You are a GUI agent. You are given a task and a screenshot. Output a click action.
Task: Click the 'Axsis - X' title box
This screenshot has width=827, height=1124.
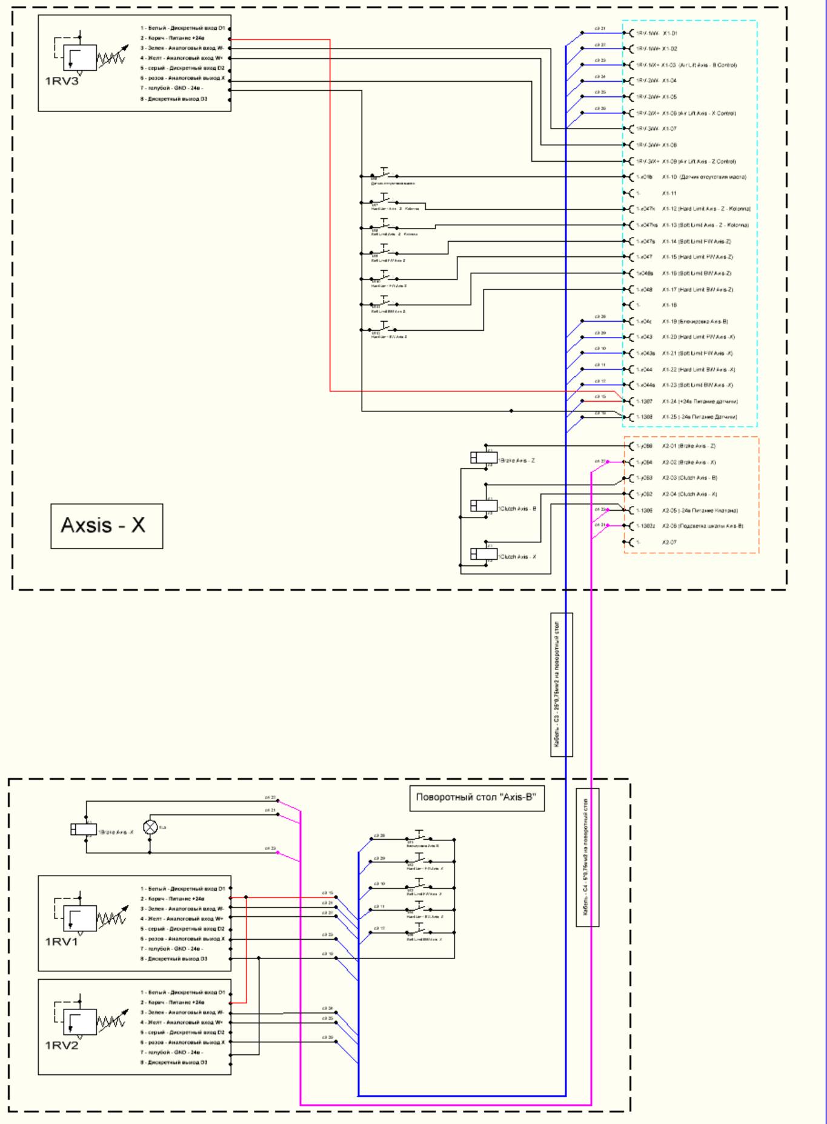107,525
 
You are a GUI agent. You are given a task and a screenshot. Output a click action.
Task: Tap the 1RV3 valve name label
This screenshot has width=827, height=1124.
61,81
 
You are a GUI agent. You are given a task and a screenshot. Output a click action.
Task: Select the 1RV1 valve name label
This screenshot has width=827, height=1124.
61,941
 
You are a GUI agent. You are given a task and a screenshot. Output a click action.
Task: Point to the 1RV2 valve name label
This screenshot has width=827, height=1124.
61,1045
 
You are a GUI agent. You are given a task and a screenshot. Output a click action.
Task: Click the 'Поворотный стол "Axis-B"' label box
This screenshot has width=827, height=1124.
476,797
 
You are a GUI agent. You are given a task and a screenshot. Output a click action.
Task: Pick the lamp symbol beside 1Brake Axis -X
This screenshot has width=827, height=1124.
150,826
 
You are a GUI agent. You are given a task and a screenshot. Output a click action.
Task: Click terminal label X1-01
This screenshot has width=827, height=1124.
669,33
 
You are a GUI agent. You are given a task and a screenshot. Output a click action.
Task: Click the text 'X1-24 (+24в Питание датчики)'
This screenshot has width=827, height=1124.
699,401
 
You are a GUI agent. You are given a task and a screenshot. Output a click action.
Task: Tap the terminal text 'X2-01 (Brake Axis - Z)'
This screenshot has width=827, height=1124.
688,446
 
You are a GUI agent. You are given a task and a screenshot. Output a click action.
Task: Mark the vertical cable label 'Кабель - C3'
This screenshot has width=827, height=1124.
562,685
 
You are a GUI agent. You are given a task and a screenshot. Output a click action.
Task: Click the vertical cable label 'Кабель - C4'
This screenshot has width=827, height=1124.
587,857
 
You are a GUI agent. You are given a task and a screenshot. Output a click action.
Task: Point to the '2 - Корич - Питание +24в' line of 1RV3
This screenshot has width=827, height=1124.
173,38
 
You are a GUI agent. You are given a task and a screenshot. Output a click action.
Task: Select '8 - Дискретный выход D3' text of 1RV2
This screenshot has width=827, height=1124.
174,1062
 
